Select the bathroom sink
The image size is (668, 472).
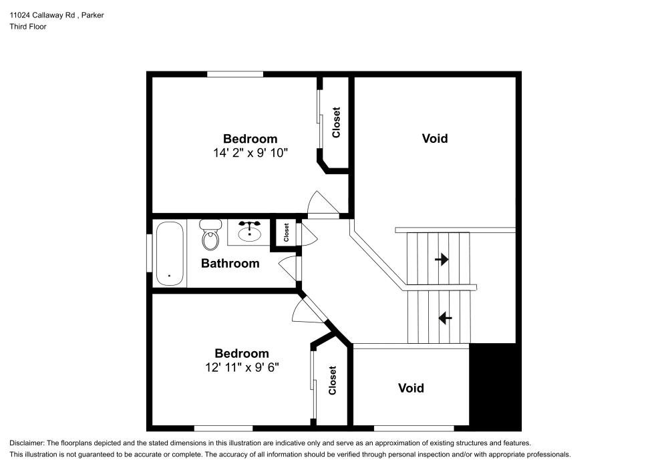(x=249, y=230)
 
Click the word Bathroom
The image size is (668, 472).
(x=230, y=264)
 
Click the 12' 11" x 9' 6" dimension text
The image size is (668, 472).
(x=241, y=367)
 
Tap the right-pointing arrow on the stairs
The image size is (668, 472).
(x=442, y=259)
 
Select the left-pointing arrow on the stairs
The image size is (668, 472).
(x=444, y=318)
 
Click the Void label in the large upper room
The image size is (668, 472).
(x=434, y=139)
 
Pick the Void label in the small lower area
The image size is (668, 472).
(x=411, y=388)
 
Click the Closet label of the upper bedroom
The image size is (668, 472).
(x=336, y=122)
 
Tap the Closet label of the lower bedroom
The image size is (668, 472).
(x=332, y=381)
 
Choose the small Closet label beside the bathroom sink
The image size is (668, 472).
(x=286, y=232)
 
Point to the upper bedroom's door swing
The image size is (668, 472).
(x=319, y=203)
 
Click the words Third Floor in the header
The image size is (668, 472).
(x=28, y=27)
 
